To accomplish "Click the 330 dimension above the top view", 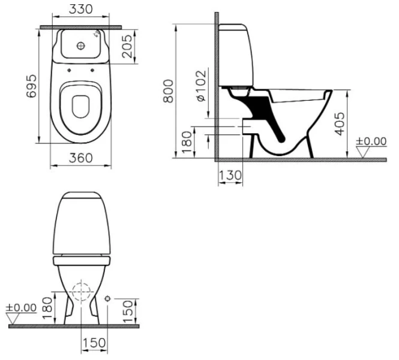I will pyautogui.click(x=81, y=10).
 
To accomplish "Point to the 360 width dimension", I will pyautogui.click(x=80, y=158).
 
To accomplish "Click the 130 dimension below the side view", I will pyautogui.click(x=230, y=175).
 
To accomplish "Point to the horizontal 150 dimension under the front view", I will pyautogui.click(x=94, y=343).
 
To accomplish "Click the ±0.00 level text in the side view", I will pyautogui.click(x=371, y=142).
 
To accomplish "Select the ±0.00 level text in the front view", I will pyautogui.click(x=21, y=308).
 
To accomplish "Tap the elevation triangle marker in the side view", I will pyautogui.click(x=362, y=152).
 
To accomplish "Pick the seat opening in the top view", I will pyautogui.click(x=80, y=107).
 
